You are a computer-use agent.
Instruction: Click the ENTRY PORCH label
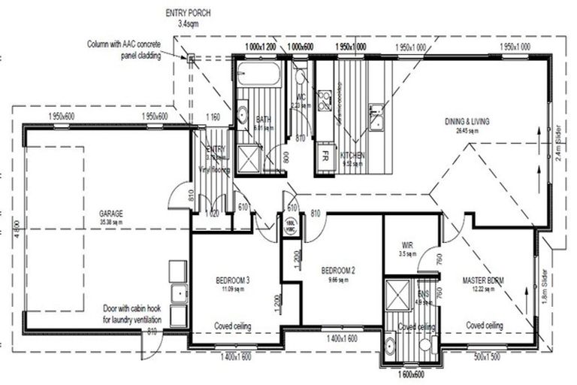[x=187, y=14]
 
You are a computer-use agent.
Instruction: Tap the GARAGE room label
[x=110, y=214]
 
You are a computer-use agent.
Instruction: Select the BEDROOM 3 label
[x=231, y=280]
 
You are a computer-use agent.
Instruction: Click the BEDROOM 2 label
[x=337, y=270]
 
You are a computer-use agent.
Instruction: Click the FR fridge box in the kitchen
[x=325, y=158]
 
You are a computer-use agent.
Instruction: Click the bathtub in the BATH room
[x=258, y=76]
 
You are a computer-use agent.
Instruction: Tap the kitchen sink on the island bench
[x=376, y=114]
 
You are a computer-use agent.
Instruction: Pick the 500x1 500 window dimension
[x=487, y=356]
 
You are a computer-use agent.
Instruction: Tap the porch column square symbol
[x=192, y=58]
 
